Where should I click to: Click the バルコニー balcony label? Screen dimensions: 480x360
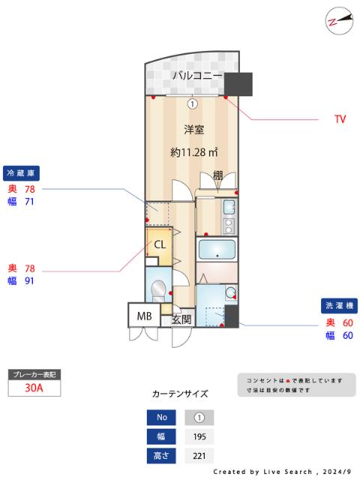coord(196,76)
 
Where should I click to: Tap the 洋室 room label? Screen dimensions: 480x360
coord(194,129)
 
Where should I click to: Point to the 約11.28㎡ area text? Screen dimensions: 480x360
coord(194,152)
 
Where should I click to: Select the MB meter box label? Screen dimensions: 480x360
coord(144,316)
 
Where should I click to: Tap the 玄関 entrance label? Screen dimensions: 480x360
coord(182,319)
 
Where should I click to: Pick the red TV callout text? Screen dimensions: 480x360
coord(340,119)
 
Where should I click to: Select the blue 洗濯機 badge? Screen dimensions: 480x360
coord(340,306)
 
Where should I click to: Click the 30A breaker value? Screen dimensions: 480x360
coord(33,388)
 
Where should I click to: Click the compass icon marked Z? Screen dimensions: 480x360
coord(338,20)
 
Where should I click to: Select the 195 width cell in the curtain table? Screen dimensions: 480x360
coord(199,436)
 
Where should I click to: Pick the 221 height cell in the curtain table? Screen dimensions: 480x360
coord(199,455)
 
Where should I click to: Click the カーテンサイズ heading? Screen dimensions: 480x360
coord(180,394)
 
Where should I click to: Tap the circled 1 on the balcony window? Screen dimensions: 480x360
coord(193,104)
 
